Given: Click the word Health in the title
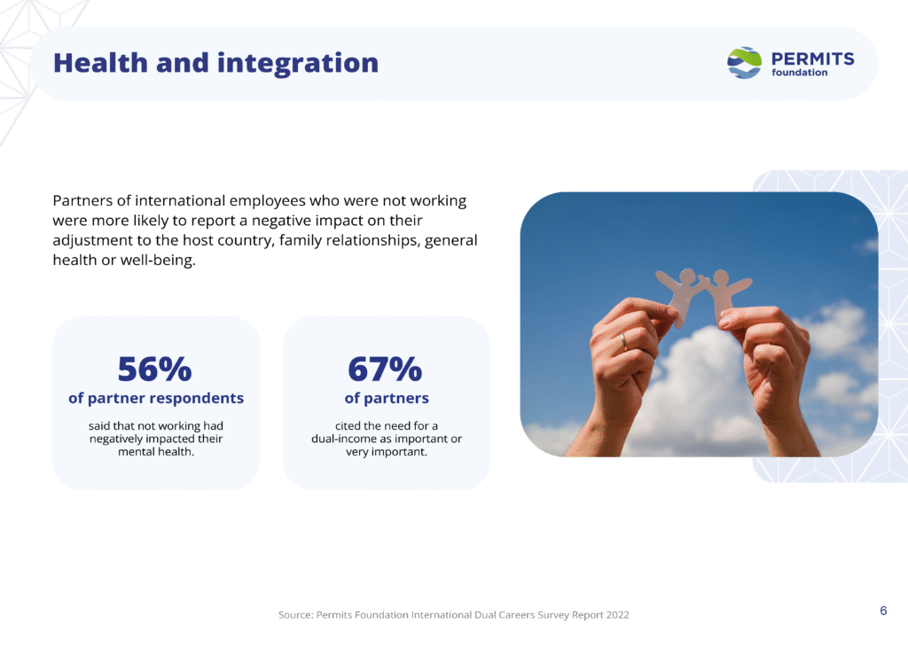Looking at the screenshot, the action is (100, 63).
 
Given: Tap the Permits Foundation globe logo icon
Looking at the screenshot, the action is (744, 63).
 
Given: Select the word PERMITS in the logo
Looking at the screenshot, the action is (812, 58).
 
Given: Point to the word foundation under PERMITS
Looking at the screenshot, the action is (799, 73).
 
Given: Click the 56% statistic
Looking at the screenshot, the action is (154, 369).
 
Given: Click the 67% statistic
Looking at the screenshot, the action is (385, 369).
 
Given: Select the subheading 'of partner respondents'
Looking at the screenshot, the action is (156, 398).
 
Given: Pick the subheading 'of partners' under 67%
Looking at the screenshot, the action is (387, 398).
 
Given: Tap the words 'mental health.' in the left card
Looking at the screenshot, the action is (156, 452).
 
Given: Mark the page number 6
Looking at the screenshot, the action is (883, 611).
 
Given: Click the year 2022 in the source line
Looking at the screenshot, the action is (617, 615).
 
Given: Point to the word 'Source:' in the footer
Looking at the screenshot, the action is (295, 615).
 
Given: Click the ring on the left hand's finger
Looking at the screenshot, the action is (623, 341).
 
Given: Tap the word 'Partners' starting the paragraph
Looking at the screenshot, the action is (82, 201).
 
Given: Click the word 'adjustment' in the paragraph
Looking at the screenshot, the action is (92, 241).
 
